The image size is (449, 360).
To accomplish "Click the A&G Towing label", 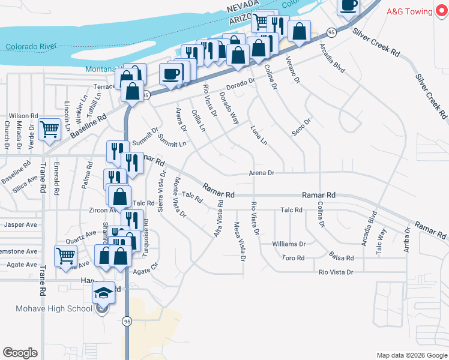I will pos(409,11).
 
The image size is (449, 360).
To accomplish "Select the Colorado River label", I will pos(31,47).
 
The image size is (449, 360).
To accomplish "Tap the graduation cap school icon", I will pos(103,293).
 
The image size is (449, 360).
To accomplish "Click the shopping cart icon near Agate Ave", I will pos(65,255).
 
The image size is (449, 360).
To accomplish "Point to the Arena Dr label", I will pos(262,173).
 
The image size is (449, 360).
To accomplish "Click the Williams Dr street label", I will pos(289,244).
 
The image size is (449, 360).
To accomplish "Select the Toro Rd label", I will pos(294,258).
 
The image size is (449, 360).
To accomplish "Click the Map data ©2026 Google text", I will pos(411,355).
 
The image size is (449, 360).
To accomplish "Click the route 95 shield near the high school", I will pos(127,322).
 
